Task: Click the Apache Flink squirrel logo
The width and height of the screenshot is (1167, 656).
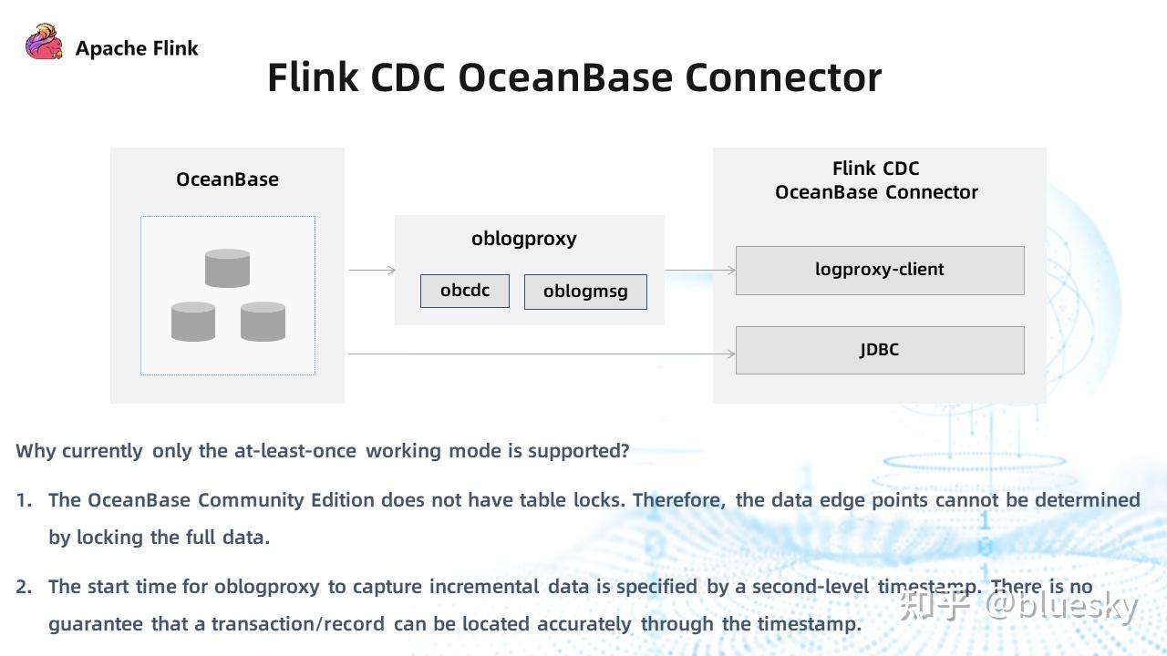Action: (x=44, y=43)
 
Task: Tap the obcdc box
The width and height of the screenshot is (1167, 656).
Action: (x=464, y=291)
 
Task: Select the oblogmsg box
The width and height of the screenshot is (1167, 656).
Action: (x=585, y=292)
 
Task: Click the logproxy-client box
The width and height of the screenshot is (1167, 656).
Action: (x=879, y=270)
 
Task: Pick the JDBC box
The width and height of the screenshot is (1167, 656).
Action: (x=879, y=350)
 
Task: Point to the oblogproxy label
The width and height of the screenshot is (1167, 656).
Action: (x=523, y=239)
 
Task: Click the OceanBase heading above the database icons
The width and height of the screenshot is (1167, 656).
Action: (x=227, y=179)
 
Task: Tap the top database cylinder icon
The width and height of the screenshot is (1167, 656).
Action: (x=227, y=268)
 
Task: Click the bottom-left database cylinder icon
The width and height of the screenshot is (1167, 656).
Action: (x=193, y=322)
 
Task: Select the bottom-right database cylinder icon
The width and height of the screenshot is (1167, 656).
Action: (x=263, y=322)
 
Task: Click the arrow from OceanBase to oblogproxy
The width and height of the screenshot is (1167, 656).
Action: (x=372, y=270)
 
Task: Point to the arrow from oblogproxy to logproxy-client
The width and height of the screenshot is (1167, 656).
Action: (x=700, y=270)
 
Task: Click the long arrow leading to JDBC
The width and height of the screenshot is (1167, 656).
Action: (x=542, y=354)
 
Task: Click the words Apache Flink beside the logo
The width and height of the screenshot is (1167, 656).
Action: (x=137, y=48)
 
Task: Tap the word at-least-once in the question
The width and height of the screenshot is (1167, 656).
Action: (x=294, y=451)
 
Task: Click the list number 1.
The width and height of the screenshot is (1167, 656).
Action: (x=24, y=500)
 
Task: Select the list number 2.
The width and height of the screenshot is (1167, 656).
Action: (x=24, y=587)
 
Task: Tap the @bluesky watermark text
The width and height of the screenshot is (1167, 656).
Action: (x=1061, y=605)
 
